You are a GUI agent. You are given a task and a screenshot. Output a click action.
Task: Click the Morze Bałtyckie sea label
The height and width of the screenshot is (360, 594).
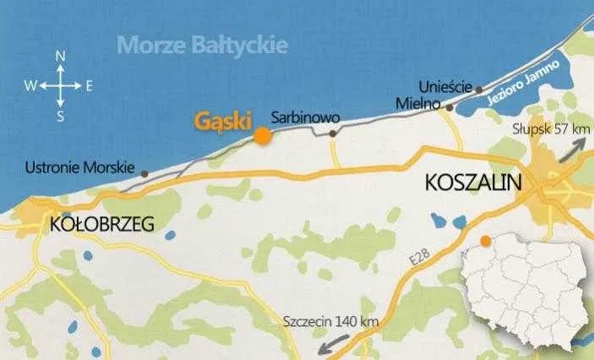[x=203, y=43]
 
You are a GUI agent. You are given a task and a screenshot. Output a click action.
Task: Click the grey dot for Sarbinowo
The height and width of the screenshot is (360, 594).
[x=333, y=133]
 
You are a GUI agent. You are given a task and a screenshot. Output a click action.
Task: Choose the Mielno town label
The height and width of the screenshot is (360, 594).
[x=419, y=104]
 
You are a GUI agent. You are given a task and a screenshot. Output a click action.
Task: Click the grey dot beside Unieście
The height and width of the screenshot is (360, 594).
[x=481, y=88]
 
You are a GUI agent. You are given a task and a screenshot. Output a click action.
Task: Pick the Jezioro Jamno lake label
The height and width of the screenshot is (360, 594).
[x=523, y=89]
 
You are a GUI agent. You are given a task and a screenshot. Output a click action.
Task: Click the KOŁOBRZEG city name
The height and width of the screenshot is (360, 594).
[x=101, y=225]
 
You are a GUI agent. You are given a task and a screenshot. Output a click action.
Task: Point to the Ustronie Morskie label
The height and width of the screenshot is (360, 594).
[x=75, y=167]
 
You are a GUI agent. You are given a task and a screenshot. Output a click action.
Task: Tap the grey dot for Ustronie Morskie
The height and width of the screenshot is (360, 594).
[x=144, y=174]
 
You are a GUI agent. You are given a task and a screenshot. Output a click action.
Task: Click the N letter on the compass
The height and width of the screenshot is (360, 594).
[x=60, y=56]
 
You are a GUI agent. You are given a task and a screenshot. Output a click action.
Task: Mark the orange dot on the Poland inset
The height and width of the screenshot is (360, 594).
[x=485, y=242]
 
